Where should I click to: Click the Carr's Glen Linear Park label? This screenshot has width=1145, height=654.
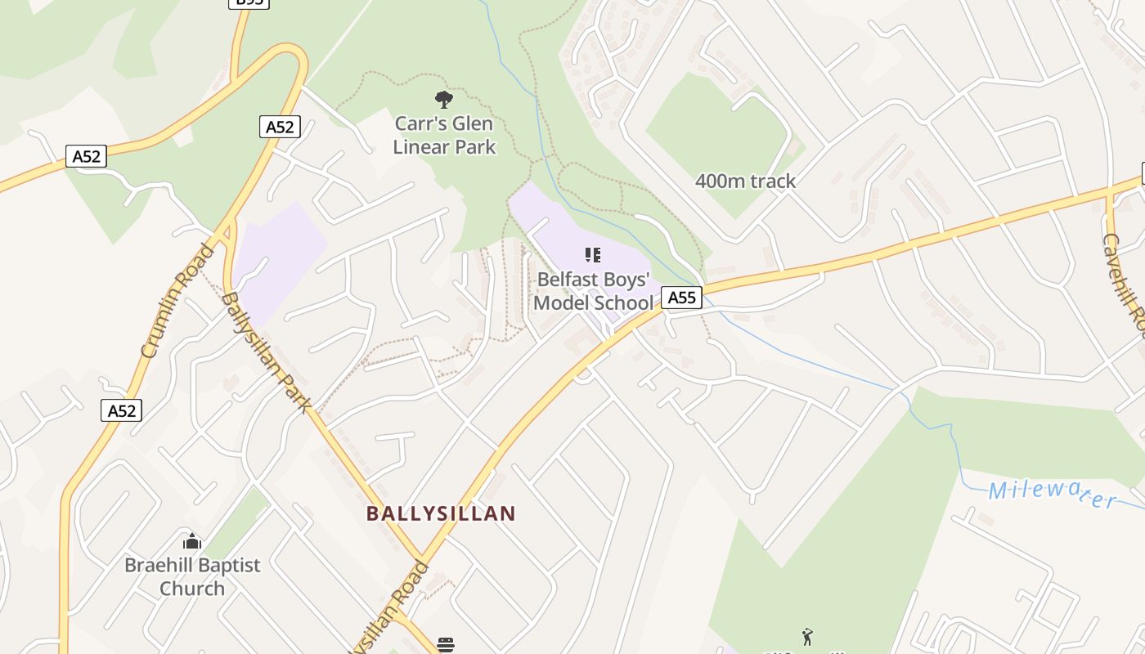(x=444, y=135)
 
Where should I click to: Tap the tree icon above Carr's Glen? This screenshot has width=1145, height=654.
(x=444, y=101)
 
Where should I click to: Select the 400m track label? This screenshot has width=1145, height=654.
(x=745, y=181)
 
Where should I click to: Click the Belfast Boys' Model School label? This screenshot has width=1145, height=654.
(x=594, y=290)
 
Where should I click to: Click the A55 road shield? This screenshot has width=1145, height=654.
(x=681, y=298)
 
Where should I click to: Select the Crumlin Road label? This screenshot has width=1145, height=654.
(x=177, y=301)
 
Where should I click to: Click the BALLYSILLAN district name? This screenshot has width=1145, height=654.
(x=441, y=513)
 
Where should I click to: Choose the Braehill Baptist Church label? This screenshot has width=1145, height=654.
(x=192, y=576)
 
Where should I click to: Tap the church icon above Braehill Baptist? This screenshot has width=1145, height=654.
(x=192, y=541)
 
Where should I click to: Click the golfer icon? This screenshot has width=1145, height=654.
(x=808, y=636)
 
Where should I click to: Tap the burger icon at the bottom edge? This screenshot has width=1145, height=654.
(x=445, y=645)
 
